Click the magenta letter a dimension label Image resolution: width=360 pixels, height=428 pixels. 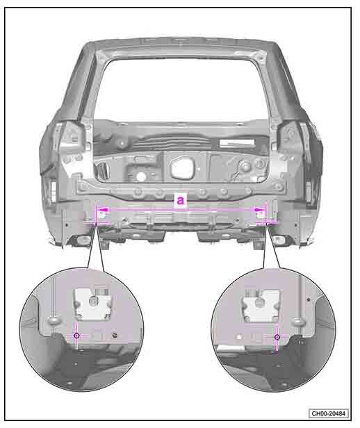click(181, 200)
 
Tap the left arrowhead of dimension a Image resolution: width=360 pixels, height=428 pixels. click(103, 210)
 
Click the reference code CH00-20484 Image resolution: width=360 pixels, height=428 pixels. click(329, 413)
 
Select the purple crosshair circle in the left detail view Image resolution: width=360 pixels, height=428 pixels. click(76, 336)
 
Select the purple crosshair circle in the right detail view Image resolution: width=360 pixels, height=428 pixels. click(277, 337)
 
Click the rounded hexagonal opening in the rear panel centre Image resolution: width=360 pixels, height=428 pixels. click(182, 167)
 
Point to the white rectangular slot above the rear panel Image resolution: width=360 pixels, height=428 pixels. click(237, 142)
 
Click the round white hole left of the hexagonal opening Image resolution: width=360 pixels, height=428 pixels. click(141, 177)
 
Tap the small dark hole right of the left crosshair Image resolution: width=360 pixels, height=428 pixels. click(115, 335)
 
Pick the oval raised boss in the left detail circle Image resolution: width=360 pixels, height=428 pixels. click(54, 320)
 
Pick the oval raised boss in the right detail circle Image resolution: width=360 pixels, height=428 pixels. click(299, 322)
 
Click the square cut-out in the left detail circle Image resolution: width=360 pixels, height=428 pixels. click(93, 304)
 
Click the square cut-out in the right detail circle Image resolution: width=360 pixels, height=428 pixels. click(261, 306)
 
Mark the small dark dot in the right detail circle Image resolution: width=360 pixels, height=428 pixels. click(309, 299)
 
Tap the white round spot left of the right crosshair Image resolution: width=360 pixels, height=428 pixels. click(239, 337)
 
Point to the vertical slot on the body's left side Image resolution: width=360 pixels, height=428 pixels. click(53, 190)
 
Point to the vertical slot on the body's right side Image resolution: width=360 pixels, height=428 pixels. click(309, 190)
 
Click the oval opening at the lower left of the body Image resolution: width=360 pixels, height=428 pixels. click(84, 240)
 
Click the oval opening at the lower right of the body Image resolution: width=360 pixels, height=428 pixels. click(279, 240)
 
